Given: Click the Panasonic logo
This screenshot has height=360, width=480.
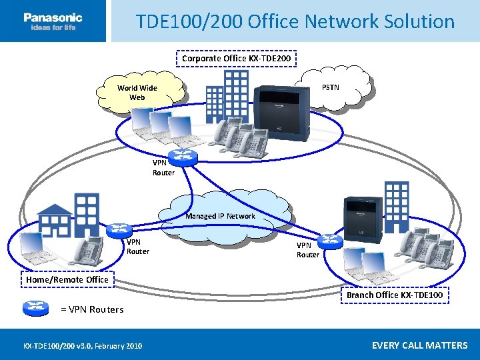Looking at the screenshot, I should click(x=53, y=21).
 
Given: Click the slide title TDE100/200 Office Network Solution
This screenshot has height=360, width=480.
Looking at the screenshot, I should click(x=295, y=21).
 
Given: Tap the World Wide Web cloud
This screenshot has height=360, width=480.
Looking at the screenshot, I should click(x=137, y=93).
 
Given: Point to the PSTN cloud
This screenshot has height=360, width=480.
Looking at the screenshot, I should click(x=331, y=87).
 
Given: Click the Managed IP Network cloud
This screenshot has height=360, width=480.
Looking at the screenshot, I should click(x=221, y=215).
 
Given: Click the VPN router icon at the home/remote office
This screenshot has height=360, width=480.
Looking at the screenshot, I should click(x=119, y=230).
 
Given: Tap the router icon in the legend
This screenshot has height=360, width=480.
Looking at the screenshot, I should click(x=36, y=307).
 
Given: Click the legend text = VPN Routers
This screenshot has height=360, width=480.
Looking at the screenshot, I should click(x=92, y=309).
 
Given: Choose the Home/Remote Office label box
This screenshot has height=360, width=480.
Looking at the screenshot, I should click(x=67, y=279).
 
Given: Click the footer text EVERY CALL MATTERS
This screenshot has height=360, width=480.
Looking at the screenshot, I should click(x=419, y=345).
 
